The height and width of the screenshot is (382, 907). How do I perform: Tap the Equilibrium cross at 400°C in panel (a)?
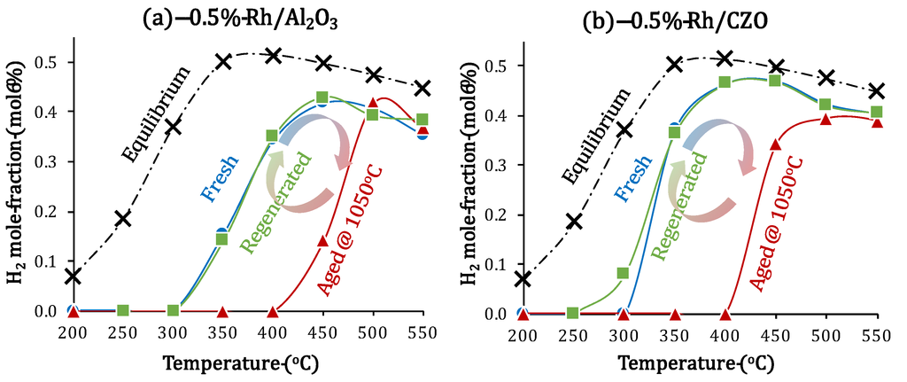pos(274,56)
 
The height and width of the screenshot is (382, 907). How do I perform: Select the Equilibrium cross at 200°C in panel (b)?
pos(523,278)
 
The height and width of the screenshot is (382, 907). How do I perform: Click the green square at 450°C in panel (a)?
pos(322,97)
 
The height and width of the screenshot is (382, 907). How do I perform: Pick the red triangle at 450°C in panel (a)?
pos(323,241)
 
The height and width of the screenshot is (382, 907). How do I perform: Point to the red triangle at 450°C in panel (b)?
pos(775,144)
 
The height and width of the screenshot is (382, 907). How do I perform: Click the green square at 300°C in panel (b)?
pos(623,273)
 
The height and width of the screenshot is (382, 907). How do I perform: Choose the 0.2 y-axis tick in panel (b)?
pos(496,214)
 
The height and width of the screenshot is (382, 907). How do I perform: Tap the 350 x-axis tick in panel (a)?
pos(222,331)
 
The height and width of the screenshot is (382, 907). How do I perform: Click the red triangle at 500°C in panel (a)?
pos(373,104)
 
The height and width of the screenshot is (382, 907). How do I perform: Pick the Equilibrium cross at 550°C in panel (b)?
pos(876,91)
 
